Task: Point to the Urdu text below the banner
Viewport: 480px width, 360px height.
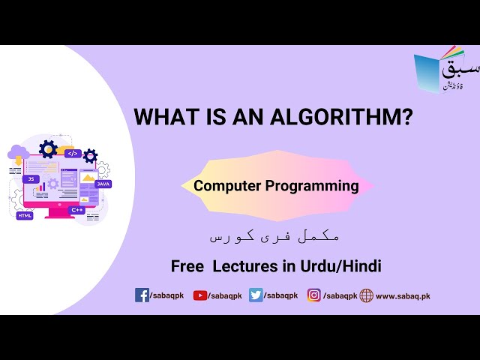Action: coord(274,235)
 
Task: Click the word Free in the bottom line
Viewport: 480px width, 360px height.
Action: coord(187,266)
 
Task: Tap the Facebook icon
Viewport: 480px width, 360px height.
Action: coord(142,295)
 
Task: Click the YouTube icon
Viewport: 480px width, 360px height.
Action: coord(200,295)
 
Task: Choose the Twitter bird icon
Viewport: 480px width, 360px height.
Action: coord(256,295)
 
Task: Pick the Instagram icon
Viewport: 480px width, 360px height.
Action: coord(314,295)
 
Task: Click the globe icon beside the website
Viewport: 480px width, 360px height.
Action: coord(366,295)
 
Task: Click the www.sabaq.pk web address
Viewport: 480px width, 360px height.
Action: coord(403,296)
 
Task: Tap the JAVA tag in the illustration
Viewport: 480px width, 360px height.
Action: coord(103,184)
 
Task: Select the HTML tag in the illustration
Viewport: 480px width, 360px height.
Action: coord(25,215)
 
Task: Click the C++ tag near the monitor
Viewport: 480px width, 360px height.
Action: coord(77,211)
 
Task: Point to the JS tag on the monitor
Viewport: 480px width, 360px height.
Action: coord(31,179)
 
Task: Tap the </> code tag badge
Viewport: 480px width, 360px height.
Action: coord(72,153)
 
